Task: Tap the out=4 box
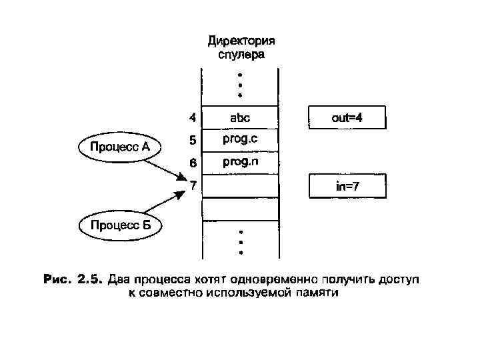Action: click(347, 118)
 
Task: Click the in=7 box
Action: click(347, 186)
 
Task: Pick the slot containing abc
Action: click(239, 118)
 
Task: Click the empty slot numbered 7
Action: click(239, 186)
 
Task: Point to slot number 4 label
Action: click(192, 118)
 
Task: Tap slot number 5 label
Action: click(192, 141)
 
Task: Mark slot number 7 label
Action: click(192, 185)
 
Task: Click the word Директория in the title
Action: click(241, 41)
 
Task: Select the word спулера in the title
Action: click(241, 55)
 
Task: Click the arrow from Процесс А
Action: click(164, 167)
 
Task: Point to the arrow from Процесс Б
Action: click(163, 203)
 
